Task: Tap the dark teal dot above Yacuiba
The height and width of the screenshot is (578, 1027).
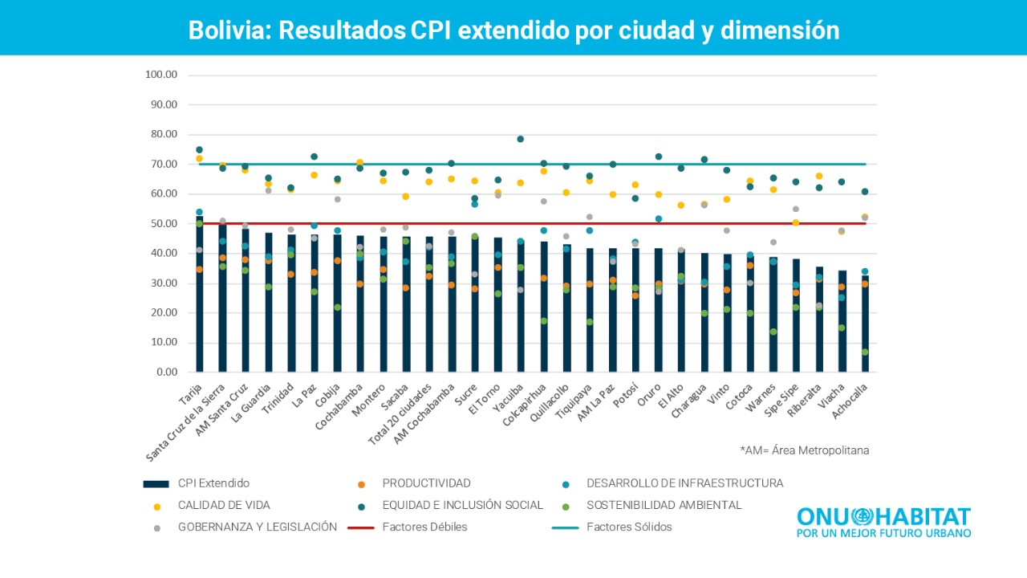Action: point(520,139)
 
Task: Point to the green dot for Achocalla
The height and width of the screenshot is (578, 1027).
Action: point(865,352)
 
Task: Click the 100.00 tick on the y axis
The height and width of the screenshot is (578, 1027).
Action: point(160,75)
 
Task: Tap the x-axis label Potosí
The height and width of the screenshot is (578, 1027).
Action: point(626,397)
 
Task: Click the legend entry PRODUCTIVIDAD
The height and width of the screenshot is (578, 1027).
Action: point(426,483)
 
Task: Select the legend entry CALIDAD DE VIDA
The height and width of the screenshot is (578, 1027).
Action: point(224,506)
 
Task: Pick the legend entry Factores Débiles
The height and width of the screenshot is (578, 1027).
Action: point(424,527)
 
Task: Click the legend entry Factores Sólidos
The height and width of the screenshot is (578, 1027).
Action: point(629,527)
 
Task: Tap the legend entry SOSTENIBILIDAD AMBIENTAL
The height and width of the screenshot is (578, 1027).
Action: point(664,506)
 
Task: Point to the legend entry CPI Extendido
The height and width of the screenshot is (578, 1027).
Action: point(213,483)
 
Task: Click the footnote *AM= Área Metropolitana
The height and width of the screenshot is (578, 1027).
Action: point(804,450)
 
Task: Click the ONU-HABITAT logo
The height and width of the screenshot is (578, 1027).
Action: point(883,522)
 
